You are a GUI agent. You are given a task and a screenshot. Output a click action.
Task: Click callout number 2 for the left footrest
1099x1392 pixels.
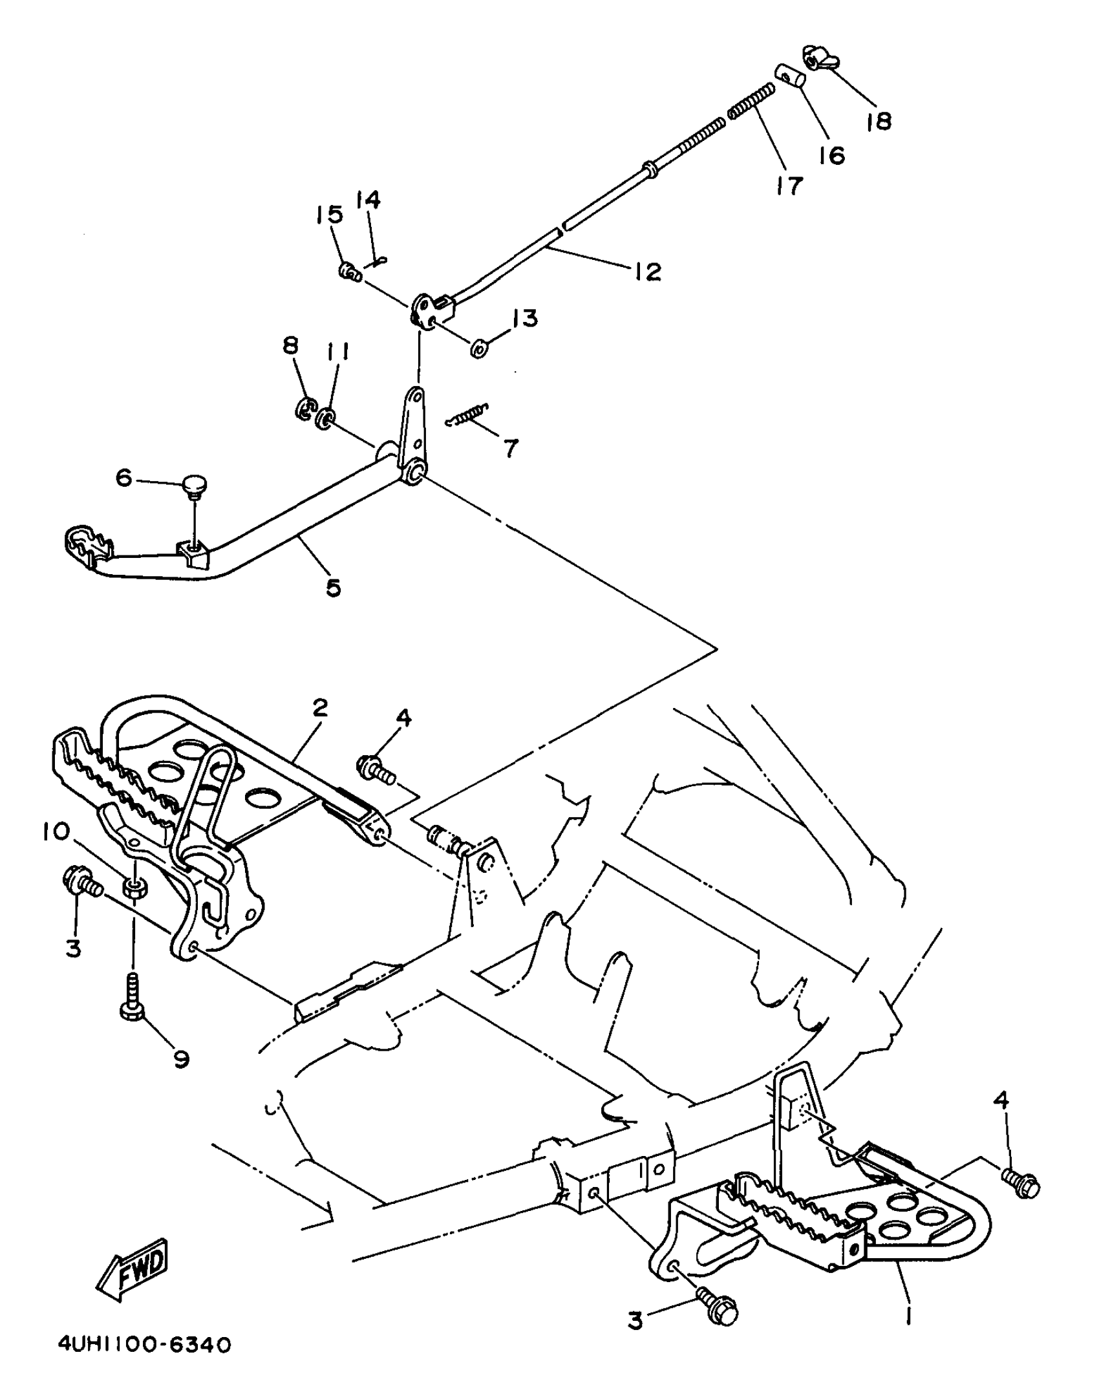pyautogui.click(x=319, y=709)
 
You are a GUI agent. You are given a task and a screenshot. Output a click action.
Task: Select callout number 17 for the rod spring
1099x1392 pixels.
pyautogui.click(x=789, y=186)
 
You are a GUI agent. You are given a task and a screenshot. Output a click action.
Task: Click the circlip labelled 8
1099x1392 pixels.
pyautogui.click(x=304, y=409)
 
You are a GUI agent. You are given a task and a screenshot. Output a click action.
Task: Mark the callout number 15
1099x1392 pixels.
pyautogui.click(x=330, y=214)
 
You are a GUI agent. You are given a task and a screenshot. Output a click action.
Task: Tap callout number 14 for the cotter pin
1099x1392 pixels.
pyautogui.click(x=369, y=200)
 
